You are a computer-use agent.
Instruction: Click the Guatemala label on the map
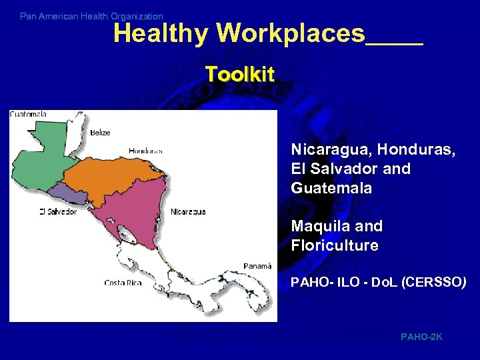(28, 114)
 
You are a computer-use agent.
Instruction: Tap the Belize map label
(100, 133)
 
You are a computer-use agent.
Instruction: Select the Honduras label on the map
(146, 151)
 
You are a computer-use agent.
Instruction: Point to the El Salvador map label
(58, 211)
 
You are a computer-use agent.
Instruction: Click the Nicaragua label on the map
(188, 211)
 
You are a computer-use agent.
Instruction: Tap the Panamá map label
(257, 265)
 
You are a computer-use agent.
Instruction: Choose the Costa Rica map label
(123, 283)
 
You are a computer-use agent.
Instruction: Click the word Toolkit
(239, 74)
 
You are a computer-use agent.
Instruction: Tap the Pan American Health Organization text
(91, 16)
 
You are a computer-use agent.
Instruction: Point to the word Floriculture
(335, 245)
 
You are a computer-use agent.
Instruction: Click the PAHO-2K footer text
(421, 337)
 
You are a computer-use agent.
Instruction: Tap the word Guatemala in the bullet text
(331, 188)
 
